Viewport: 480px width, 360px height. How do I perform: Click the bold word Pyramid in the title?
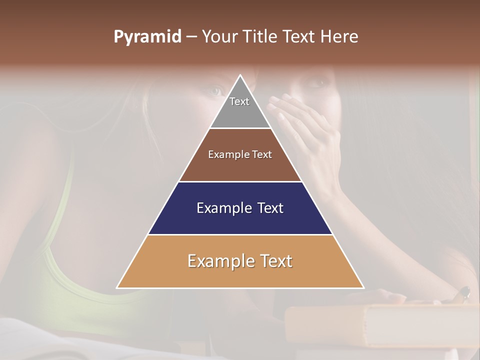[147, 37]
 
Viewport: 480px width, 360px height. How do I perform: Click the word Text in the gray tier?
[239, 101]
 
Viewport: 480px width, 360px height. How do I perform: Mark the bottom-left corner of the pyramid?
[117, 287]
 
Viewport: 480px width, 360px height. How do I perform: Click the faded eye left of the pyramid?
[215, 90]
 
